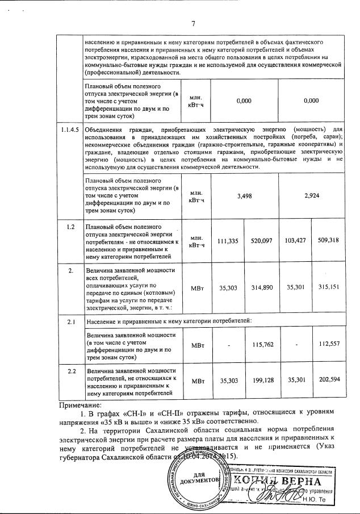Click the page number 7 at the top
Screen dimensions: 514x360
tap(193, 23)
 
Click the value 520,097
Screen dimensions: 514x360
tap(261, 241)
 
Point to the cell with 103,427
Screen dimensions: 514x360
tap(295, 241)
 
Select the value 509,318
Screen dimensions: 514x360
tap(329, 241)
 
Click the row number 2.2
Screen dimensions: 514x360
tap(71, 371)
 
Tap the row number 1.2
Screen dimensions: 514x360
tap(71, 227)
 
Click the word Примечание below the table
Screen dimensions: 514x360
tap(83, 406)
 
